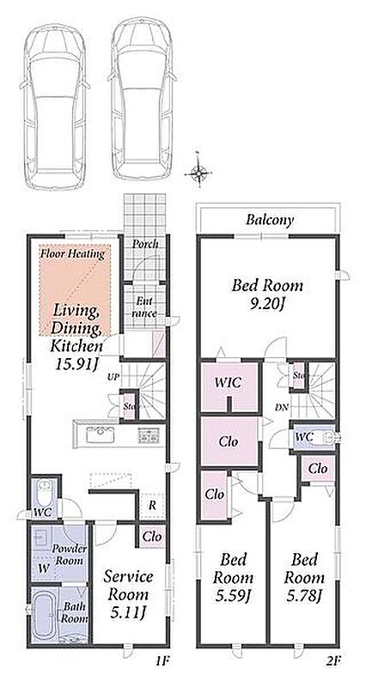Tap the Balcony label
[269, 220]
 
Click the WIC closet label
[229, 382]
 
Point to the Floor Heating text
[72, 253]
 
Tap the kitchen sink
[101, 435]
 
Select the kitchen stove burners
[149, 435]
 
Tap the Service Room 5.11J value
[129, 614]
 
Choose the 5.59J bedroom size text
[233, 596]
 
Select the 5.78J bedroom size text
[305, 596]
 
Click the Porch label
[145, 244]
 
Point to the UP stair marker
[113, 376]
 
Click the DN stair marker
[282, 407]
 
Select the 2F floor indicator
[332, 660]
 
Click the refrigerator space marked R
[152, 505]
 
